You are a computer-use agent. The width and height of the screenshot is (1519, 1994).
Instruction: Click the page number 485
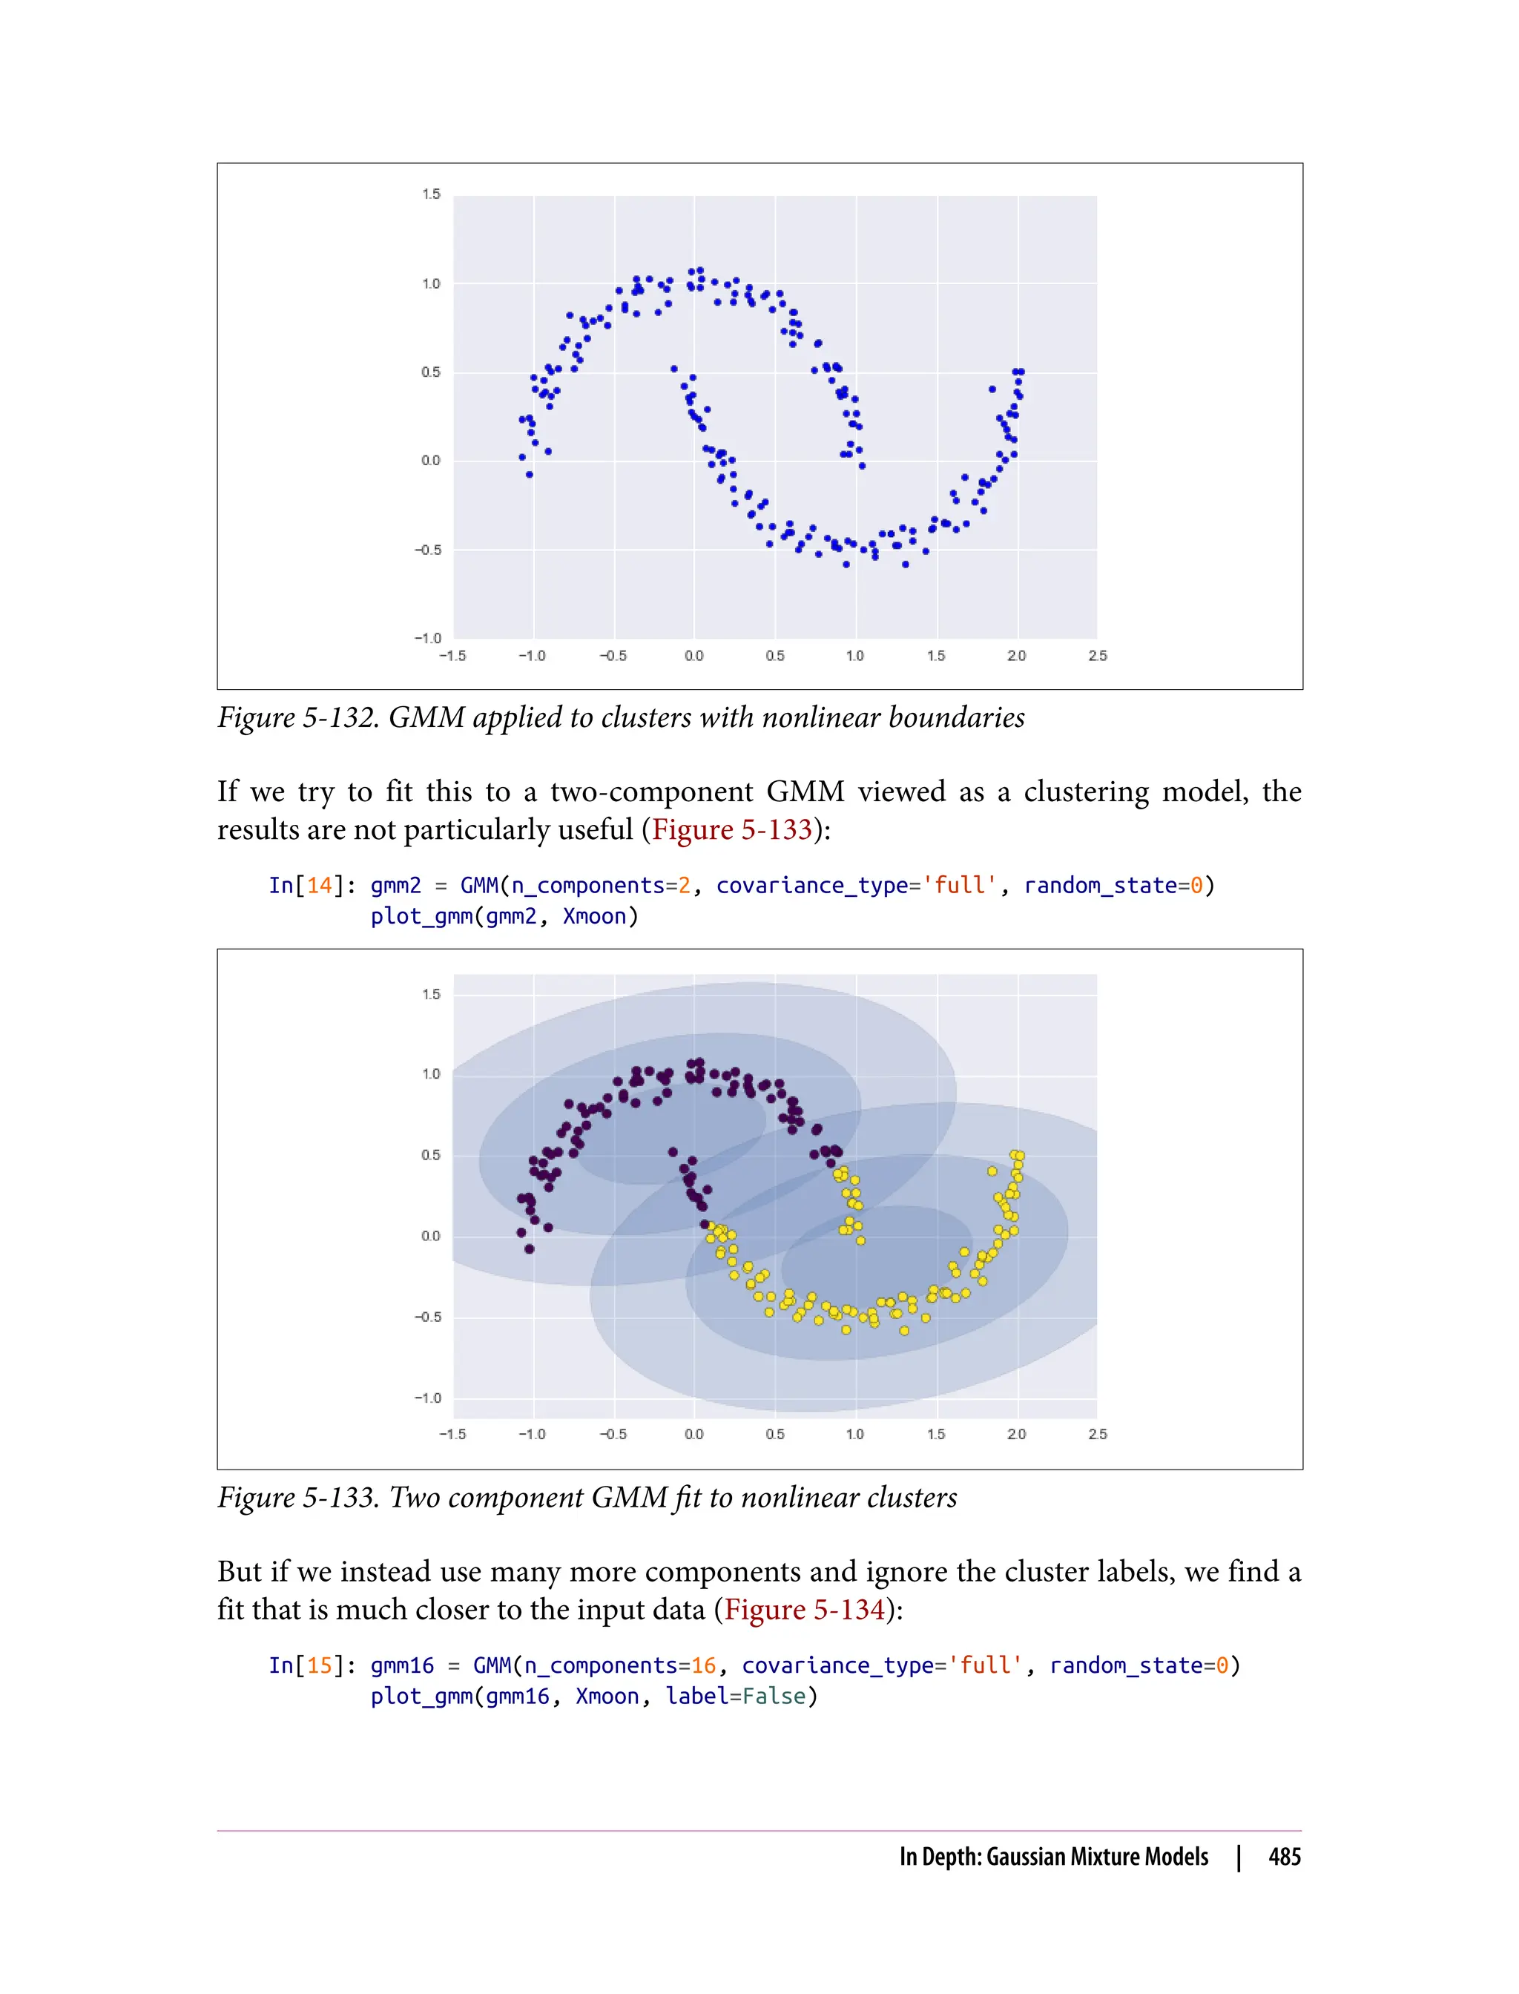[x=1284, y=1858]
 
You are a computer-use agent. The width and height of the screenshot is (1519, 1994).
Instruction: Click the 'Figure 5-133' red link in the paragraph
[x=731, y=829]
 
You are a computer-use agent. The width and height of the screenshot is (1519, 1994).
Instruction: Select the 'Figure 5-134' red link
[x=804, y=1610]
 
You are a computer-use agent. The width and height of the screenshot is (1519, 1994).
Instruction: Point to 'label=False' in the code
[x=735, y=1697]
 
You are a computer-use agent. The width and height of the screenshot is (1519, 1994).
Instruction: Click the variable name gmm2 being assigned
[x=395, y=885]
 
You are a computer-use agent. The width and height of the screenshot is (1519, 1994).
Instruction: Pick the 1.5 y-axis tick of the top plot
[x=431, y=194]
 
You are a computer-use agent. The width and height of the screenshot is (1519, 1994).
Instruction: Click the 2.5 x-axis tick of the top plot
[x=1097, y=656]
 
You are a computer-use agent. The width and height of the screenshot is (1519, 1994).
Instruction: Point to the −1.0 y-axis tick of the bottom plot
[x=428, y=1398]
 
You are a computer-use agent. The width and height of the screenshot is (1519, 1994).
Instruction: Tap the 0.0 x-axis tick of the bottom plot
[x=693, y=1434]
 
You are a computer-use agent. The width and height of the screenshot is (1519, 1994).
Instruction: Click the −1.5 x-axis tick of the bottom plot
[x=452, y=1434]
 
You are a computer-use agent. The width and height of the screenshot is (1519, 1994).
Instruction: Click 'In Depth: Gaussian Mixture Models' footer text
[x=1053, y=1858]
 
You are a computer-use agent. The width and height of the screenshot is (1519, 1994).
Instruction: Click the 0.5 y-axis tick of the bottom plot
[x=431, y=1155]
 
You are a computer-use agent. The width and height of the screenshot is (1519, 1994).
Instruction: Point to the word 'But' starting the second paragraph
[x=240, y=1572]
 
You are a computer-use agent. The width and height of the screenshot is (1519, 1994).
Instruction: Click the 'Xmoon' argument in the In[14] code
[x=594, y=916]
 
